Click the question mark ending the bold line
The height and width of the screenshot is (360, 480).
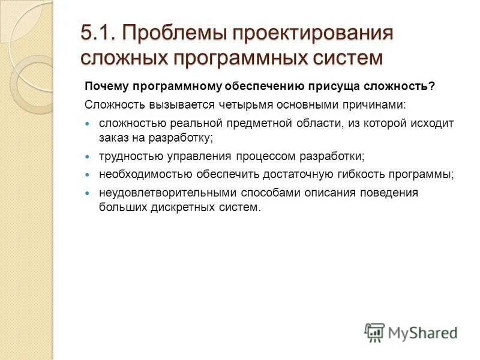pyautogui.click(x=431, y=86)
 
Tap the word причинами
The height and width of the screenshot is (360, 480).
pyautogui.click(x=374, y=104)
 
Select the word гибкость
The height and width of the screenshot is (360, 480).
pyautogui.click(x=364, y=175)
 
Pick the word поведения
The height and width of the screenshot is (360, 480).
pyautogui.click(x=391, y=193)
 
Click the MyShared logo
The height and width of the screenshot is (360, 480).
pyautogui.click(x=412, y=332)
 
